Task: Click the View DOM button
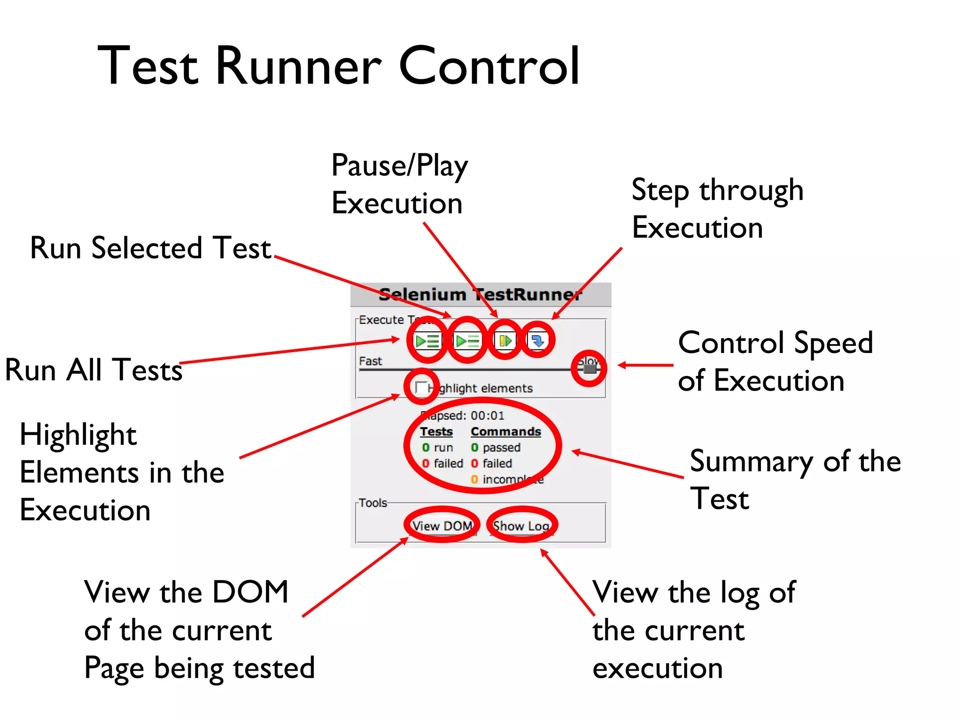(442, 526)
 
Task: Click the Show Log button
(521, 526)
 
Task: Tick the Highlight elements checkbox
(421, 388)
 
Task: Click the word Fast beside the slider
(370, 361)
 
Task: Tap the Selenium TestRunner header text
(480, 294)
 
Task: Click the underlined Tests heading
(436, 431)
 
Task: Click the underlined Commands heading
(505, 431)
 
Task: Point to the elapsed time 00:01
(487, 415)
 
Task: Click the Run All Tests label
(93, 370)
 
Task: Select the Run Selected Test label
(150, 248)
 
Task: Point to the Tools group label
(373, 503)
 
